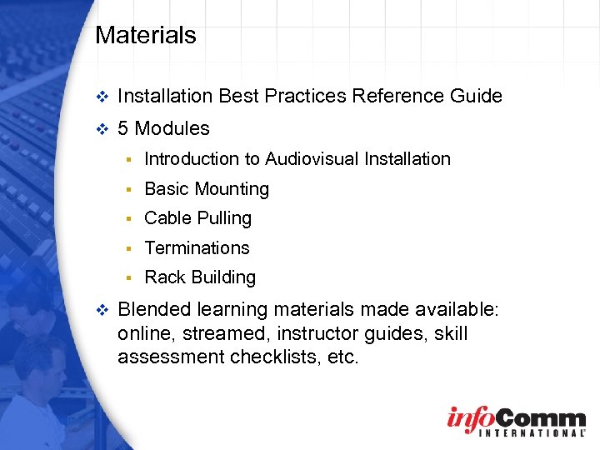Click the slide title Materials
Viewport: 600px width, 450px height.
(x=146, y=35)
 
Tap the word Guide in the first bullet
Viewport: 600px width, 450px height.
(x=477, y=96)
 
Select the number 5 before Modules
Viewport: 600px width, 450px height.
(x=123, y=128)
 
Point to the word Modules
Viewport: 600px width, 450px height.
(x=172, y=128)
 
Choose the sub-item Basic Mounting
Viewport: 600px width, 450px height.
(x=207, y=189)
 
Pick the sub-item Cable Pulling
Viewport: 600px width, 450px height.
(x=197, y=218)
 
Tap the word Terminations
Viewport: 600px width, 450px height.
(x=197, y=247)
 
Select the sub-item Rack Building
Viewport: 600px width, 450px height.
(x=200, y=277)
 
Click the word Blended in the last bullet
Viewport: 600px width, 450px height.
(x=156, y=310)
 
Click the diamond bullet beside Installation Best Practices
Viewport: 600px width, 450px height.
(x=102, y=97)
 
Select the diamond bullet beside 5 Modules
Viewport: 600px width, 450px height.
(x=102, y=129)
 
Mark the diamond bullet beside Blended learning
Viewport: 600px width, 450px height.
(x=102, y=311)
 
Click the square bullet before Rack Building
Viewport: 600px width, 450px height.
(x=130, y=277)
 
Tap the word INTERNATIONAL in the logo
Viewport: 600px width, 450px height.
(x=515, y=432)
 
